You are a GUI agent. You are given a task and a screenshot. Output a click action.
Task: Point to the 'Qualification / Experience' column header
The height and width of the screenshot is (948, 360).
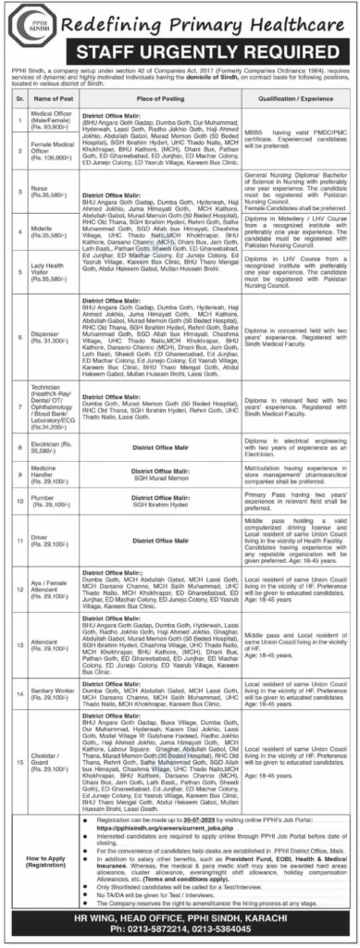291,98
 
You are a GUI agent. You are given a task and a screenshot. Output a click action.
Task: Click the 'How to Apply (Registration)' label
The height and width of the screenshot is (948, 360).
43,859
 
